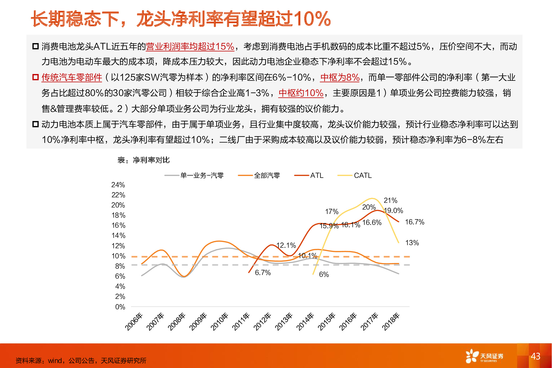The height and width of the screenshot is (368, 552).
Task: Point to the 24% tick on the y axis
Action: pos(118,185)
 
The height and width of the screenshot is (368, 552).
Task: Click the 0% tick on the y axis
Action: pos(120,307)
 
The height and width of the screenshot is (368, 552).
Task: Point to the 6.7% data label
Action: pos(263,273)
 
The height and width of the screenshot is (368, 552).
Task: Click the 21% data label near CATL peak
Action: pos(390,200)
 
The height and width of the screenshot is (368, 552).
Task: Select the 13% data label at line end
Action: pos(412,243)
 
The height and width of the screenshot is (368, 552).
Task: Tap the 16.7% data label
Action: pos(414,222)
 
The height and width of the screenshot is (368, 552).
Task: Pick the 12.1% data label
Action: pos(286,245)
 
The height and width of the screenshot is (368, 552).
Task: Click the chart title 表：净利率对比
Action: pos(143,160)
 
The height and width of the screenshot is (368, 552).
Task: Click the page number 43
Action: pos(535,356)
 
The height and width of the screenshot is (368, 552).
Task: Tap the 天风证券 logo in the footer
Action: pos(484,356)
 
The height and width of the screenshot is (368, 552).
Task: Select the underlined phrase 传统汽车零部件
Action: pos(72,77)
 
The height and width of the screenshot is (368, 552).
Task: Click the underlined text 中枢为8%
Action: pos(340,77)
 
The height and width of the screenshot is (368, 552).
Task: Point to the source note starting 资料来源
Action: pos(81,360)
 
